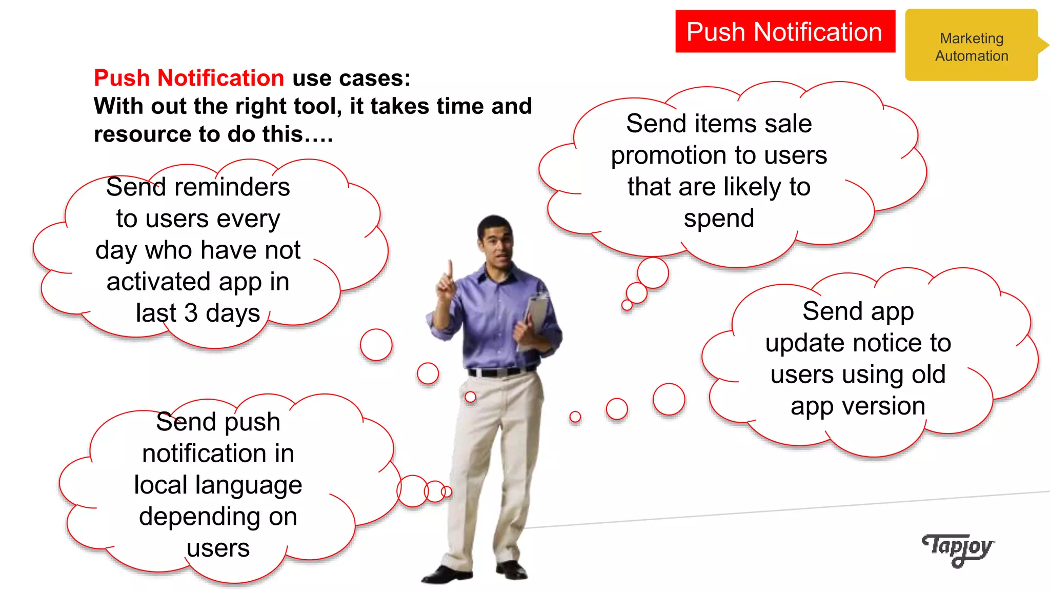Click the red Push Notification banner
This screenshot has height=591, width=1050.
[x=784, y=32]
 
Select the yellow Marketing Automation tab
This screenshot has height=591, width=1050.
[x=971, y=46]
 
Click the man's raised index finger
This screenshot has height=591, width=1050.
[x=450, y=269]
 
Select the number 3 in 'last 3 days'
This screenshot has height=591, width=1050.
[x=191, y=313]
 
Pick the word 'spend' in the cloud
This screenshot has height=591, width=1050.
[x=719, y=219]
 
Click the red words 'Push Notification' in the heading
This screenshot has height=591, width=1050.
[x=189, y=78]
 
